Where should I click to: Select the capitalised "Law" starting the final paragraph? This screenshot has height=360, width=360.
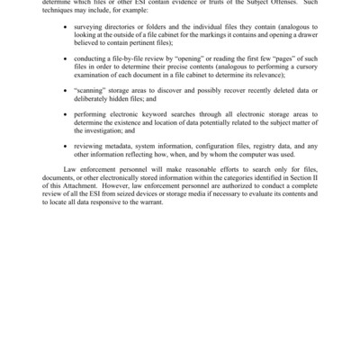(69, 170)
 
